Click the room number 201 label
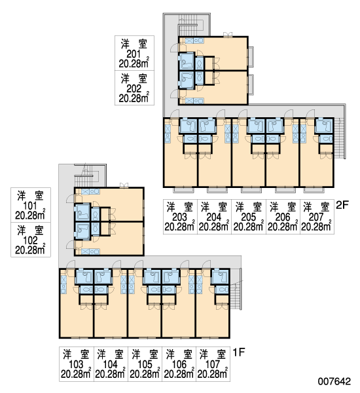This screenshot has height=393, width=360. pyautogui.click(x=134, y=54)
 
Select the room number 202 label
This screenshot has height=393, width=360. pyautogui.click(x=134, y=88)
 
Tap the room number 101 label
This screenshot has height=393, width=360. pyautogui.click(x=30, y=206)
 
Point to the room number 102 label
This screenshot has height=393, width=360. pyautogui.click(x=30, y=240)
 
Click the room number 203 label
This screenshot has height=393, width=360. pyautogui.click(x=180, y=217)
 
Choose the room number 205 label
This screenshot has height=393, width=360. pyautogui.click(x=249, y=217)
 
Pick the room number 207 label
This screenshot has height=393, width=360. pyautogui.click(x=316, y=217)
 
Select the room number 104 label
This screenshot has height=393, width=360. pyautogui.click(x=110, y=364)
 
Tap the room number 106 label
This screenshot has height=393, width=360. pyautogui.click(x=179, y=364)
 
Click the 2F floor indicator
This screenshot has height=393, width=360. pyautogui.click(x=342, y=206)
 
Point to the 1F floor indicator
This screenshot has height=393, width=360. pyautogui.click(x=238, y=352)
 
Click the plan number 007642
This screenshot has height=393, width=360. pyautogui.click(x=334, y=381)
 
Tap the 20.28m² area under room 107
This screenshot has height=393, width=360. pyautogui.click(x=213, y=374)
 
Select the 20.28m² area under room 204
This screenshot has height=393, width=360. pyautogui.click(x=214, y=227)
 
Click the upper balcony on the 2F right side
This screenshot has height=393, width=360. pyautogui.click(x=251, y=56)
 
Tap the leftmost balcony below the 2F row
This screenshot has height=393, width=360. pyautogui.click(x=184, y=190)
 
